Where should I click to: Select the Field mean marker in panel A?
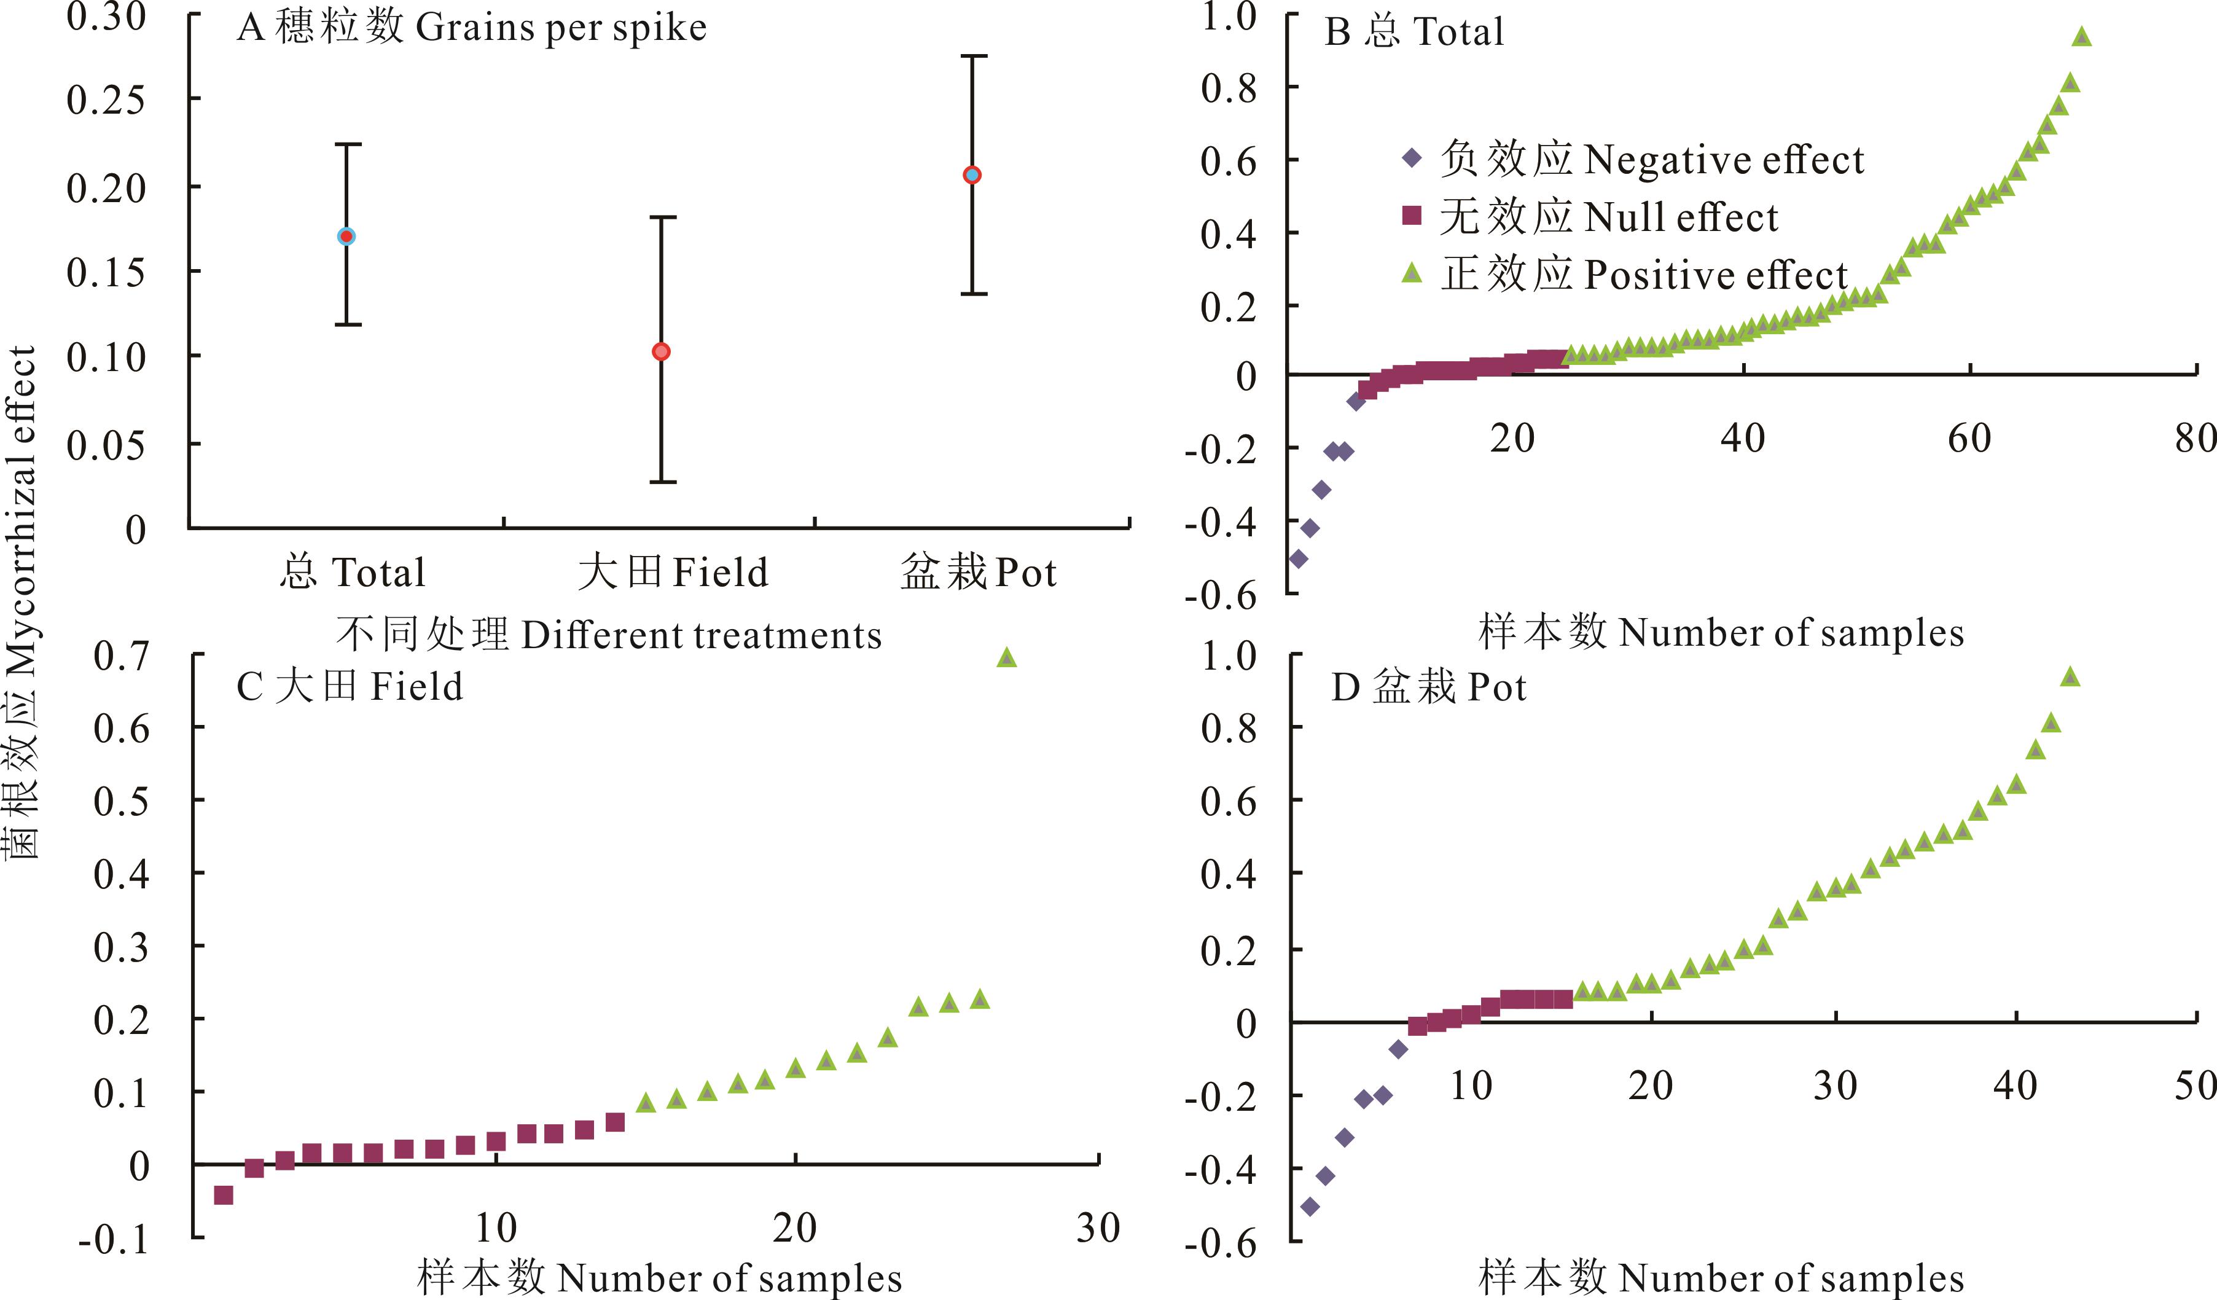pyautogui.click(x=662, y=352)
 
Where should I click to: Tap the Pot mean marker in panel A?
pyautogui.click(x=972, y=175)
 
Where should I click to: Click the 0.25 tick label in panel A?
pyautogui.click(x=106, y=100)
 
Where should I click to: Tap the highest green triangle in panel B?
pyautogui.click(x=2081, y=37)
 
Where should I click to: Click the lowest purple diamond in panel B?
pyautogui.click(x=1297, y=558)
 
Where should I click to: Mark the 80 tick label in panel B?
pyautogui.click(x=2197, y=438)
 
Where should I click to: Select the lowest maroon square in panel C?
pyautogui.click(x=224, y=1194)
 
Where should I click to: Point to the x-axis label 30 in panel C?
pyautogui.click(x=1098, y=1228)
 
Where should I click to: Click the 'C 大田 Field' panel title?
pyautogui.click(x=350, y=687)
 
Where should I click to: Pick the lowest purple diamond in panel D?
pyautogui.click(x=1310, y=1207)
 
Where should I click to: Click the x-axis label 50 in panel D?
pyautogui.click(x=2194, y=1086)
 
